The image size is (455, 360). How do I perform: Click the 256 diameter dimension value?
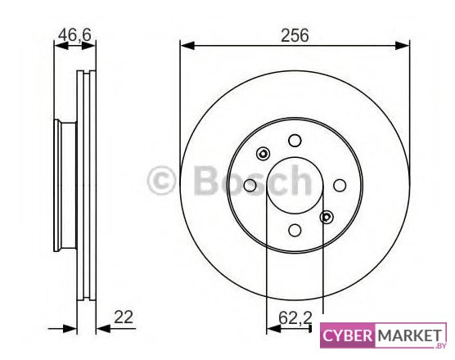click(x=295, y=35)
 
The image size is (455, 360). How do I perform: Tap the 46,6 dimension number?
click(x=74, y=35)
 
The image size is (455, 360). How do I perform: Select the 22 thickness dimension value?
click(x=124, y=317)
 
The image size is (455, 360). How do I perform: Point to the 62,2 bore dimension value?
click(x=295, y=317)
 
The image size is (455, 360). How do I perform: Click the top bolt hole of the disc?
click(x=295, y=141)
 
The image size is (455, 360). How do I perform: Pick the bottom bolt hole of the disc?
click(x=295, y=230)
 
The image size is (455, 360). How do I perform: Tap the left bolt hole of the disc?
click(x=250, y=186)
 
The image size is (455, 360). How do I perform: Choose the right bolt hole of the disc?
click(x=340, y=186)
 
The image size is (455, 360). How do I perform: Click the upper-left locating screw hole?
click(x=264, y=154)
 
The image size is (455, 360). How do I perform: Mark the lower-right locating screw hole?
click(x=327, y=217)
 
